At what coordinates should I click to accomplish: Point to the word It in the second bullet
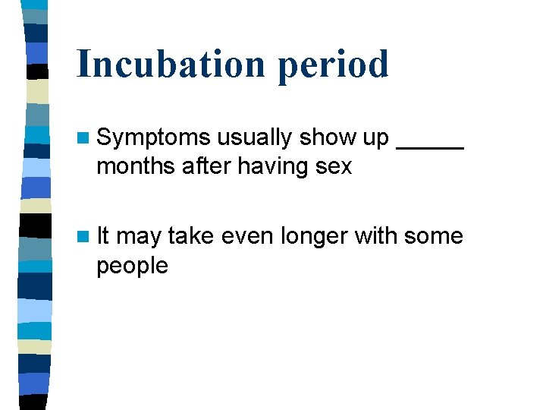pos(103,236)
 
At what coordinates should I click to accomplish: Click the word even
pos(247,236)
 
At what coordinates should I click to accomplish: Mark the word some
pos(434,236)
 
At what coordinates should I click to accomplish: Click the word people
pos(132,266)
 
